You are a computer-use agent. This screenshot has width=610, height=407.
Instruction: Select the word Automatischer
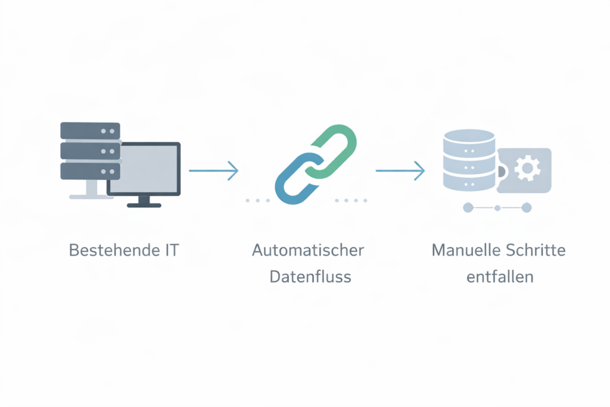coord(307,250)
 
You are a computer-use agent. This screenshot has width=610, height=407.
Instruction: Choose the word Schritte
coord(534,250)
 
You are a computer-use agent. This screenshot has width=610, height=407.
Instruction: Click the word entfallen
coord(499,277)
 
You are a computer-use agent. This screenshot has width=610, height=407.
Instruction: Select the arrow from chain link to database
coord(400,170)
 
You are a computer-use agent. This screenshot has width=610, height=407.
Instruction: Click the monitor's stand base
coord(144,204)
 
